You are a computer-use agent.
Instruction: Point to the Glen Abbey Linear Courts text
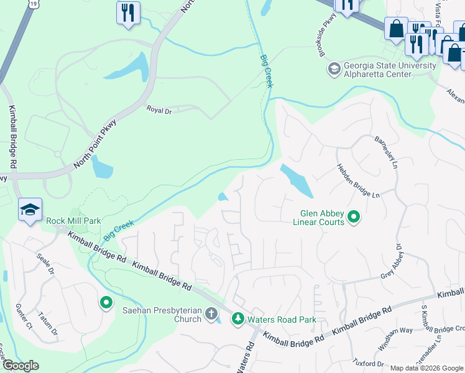point(322,217)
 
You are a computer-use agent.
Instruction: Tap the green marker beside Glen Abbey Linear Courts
point(354,217)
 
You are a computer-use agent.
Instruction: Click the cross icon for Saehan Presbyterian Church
point(211,315)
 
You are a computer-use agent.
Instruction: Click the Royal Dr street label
point(159,110)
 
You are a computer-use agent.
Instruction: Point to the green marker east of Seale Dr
point(106,303)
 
